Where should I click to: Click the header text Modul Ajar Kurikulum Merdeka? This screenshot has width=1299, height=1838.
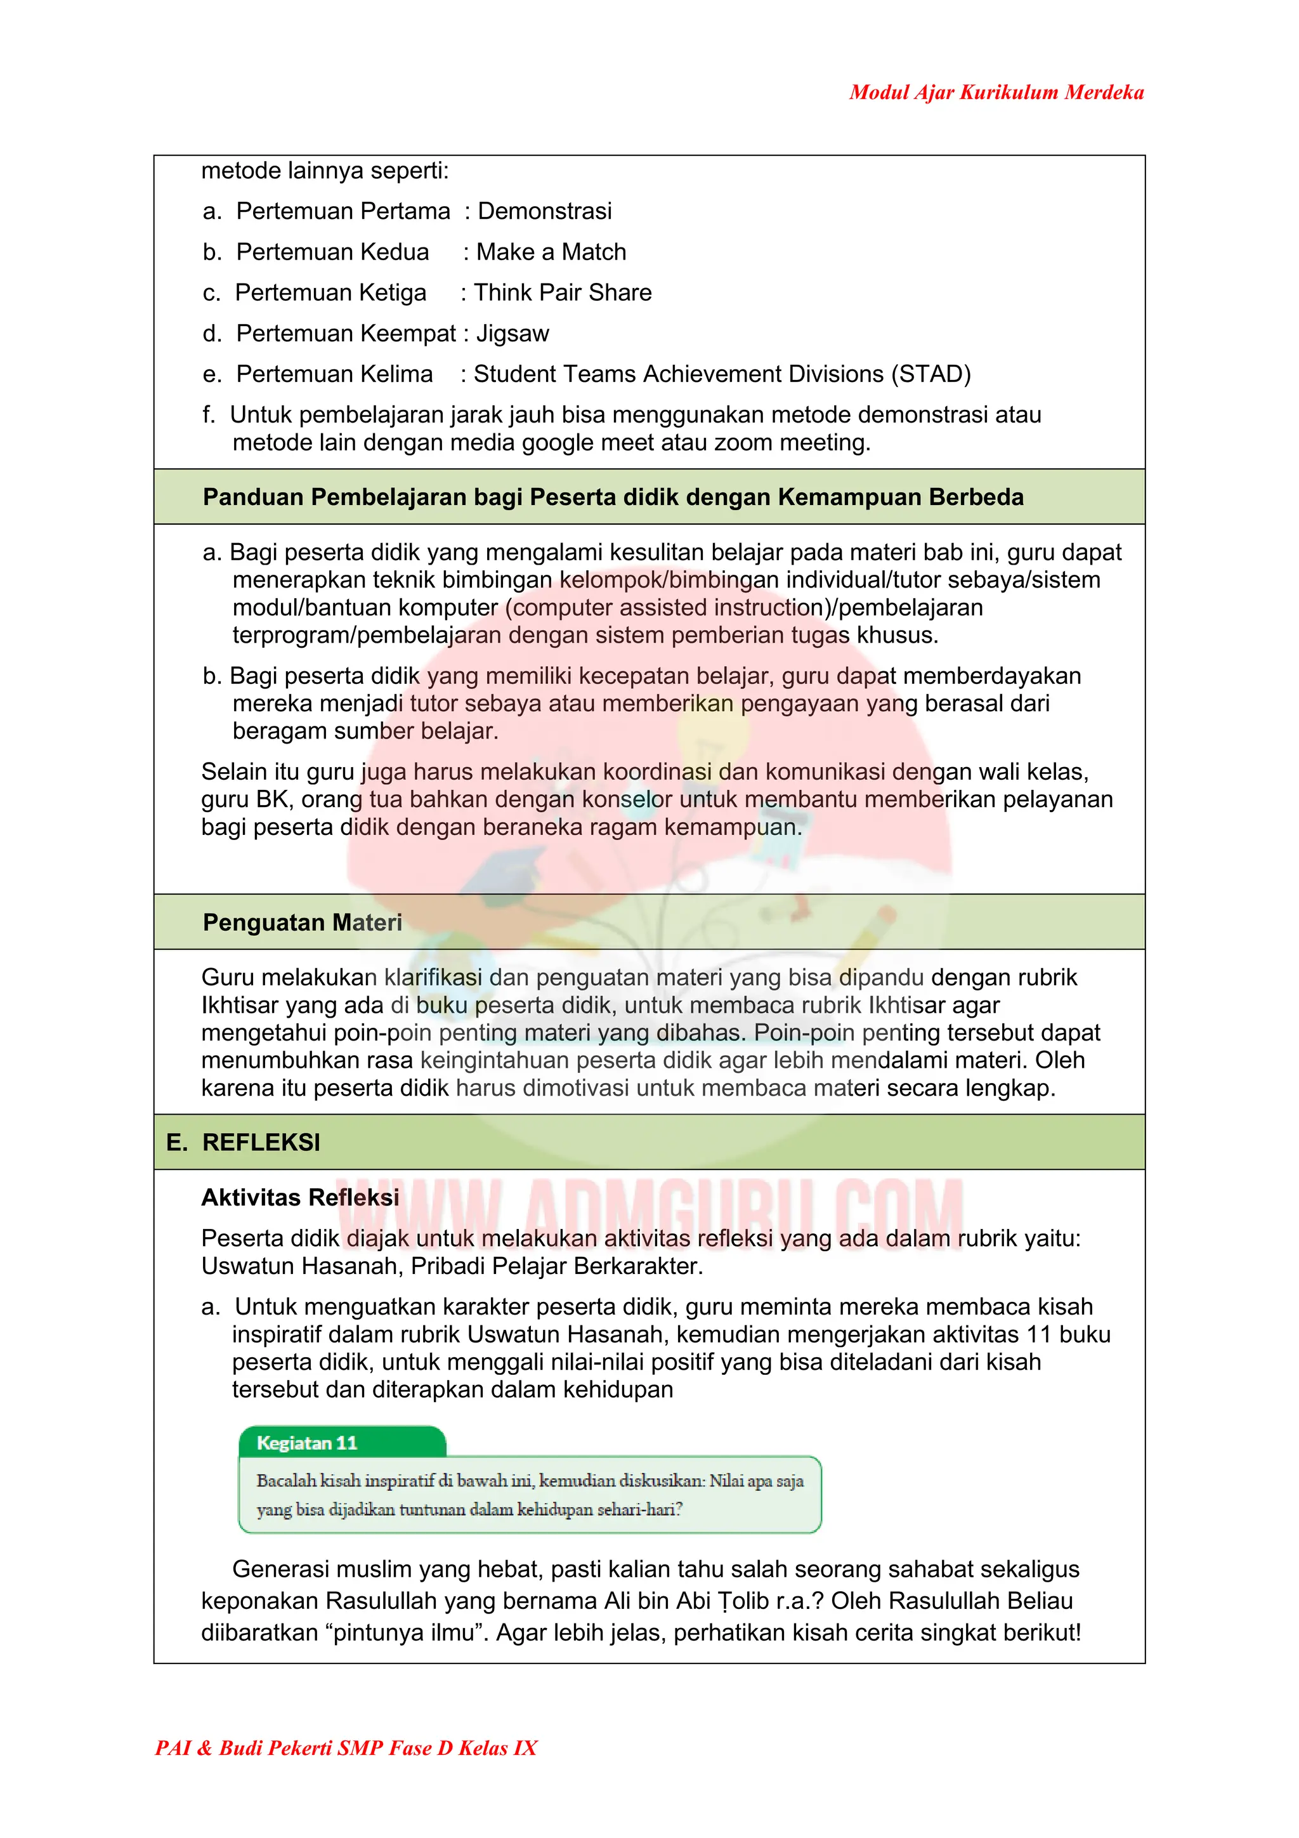tap(996, 92)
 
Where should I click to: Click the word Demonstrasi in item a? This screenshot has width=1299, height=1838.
tap(544, 211)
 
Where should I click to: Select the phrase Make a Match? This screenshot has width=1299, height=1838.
tap(551, 252)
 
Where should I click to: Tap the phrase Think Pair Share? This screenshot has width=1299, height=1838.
tap(563, 293)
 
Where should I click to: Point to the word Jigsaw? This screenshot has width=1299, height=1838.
tap(512, 334)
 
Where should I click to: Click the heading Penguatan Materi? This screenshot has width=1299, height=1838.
tap(302, 922)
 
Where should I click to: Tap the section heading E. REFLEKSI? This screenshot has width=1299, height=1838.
tap(244, 1143)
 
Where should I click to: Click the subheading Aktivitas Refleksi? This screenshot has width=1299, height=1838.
tap(300, 1198)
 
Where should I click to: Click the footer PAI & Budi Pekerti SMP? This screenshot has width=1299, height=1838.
tap(346, 1747)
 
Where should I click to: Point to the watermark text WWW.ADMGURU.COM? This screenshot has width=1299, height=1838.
tap(650, 1215)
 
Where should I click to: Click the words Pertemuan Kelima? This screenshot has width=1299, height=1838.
tap(334, 375)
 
